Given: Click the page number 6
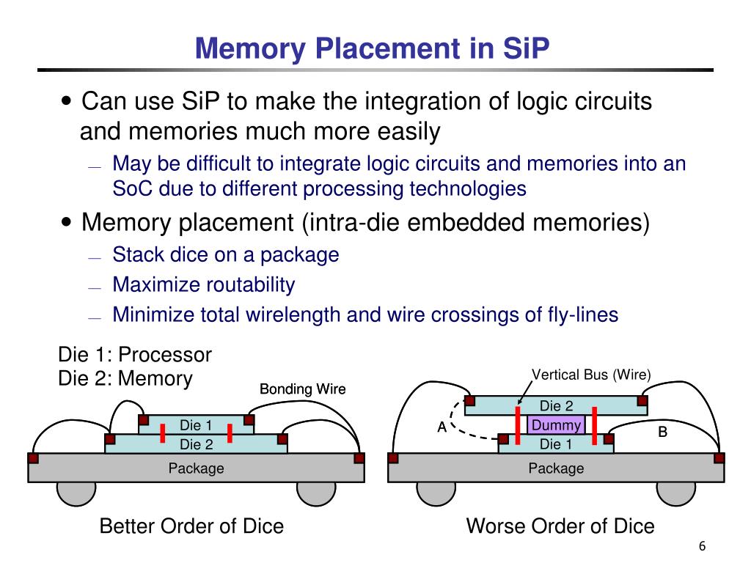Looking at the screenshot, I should [702, 548].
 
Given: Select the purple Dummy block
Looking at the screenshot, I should [555, 425].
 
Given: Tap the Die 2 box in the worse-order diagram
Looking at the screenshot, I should [555, 406].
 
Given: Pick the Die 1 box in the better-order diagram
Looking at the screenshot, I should [196, 425].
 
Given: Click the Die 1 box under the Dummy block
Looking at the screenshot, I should [555, 444].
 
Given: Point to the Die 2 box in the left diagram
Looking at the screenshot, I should [196, 444].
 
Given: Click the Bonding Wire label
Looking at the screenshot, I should [302, 389].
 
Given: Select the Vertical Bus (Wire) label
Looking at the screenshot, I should [591, 375].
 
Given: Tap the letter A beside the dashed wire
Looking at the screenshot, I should [442, 427].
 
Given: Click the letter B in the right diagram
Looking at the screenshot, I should [662, 433].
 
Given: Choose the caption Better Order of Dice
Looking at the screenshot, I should [191, 526].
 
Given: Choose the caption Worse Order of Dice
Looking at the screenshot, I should [560, 526].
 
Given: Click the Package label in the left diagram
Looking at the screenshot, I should [196, 468].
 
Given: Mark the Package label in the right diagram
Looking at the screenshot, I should [556, 468].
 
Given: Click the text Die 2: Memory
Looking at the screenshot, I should [125, 379].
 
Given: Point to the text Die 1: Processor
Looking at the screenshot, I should [135, 356].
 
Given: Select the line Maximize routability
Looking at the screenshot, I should [203, 284].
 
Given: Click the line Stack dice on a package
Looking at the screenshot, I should [225, 255].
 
